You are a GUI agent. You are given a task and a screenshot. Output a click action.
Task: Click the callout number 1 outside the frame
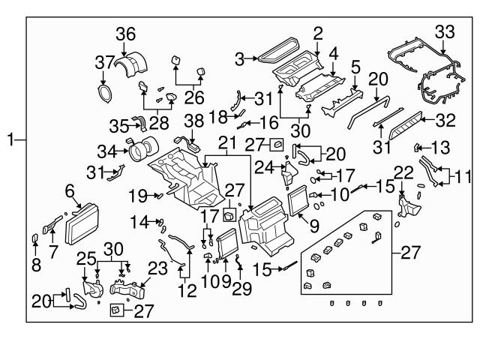pyautogui.click(x=10, y=139)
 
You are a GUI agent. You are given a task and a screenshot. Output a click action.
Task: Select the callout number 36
pyautogui.click(x=125, y=33)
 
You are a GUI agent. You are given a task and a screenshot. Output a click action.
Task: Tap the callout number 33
pyautogui.click(x=445, y=31)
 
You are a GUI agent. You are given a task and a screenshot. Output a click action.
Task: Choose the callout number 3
pyautogui.click(x=239, y=58)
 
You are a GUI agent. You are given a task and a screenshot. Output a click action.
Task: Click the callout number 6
pyautogui.click(x=71, y=191)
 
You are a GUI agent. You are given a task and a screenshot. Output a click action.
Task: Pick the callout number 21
pyautogui.click(x=227, y=142)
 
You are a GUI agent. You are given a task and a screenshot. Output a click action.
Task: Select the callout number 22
pyautogui.click(x=403, y=172)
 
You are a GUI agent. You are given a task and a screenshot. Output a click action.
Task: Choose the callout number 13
pyautogui.click(x=440, y=146)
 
